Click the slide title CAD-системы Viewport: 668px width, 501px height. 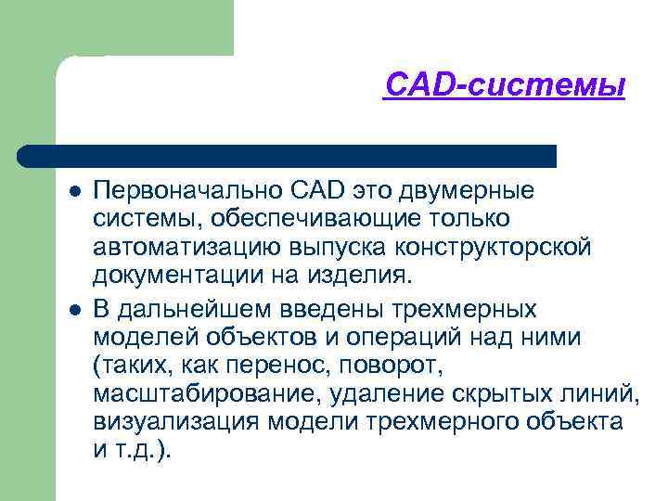click(x=505, y=85)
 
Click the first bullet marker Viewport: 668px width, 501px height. click(x=73, y=192)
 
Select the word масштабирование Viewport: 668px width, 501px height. click(x=204, y=393)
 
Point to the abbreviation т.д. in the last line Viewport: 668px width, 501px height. click(x=138, y=451)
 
